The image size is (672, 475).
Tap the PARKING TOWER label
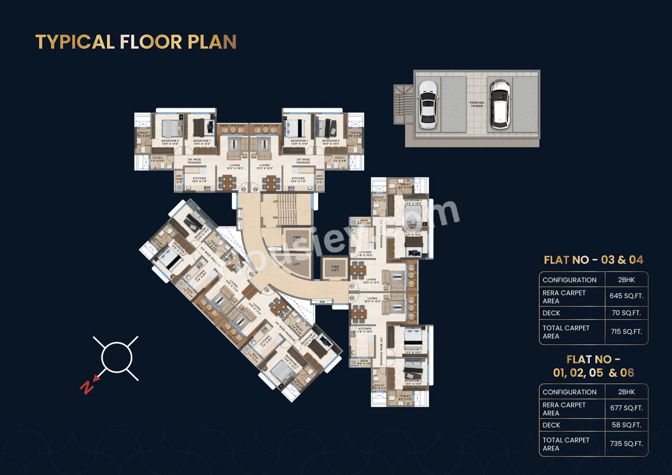tap(476, 104)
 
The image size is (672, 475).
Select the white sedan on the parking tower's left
tap(428, 104)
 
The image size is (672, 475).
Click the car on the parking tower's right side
tap(500, 103)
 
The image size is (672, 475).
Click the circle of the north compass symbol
tap(116, 358)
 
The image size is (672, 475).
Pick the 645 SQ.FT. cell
tap(626, 296)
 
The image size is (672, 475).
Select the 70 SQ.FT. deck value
tap(626, 313)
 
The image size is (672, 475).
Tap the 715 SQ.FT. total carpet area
tap(626, 332)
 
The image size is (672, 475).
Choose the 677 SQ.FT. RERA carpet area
tap(626, 408)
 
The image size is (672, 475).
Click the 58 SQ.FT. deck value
tap(626, 425)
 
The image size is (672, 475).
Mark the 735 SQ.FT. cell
tap(626, 444)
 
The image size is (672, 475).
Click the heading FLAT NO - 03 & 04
tap(593, 260)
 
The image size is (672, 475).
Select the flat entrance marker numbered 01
tap(352, 287)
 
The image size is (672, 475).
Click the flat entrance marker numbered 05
tap(243, 189)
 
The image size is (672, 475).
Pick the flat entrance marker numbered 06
tap(256, 189)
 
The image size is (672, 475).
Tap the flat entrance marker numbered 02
tap(352, 298)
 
